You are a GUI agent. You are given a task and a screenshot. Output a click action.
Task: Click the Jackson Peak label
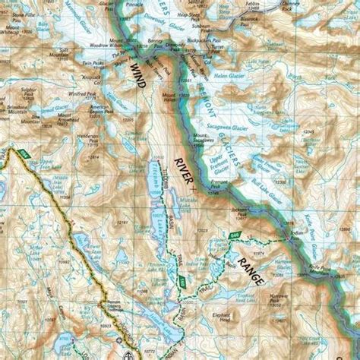[241, 213]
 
